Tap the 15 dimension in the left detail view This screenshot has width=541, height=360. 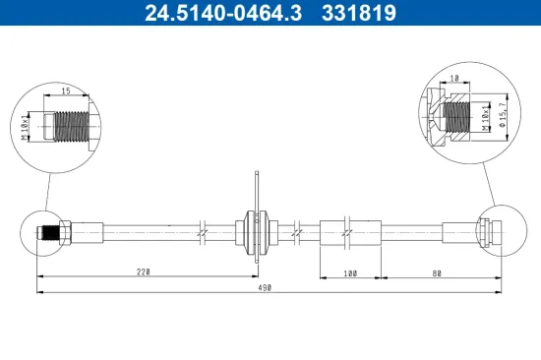(x=65, y=92)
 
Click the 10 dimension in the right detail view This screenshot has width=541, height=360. (x=454, y=78)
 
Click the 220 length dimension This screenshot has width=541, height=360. (x=145, y=270)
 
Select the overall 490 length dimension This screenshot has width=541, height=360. (x=264, y=288)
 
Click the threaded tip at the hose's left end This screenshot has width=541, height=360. (x=43, y=233)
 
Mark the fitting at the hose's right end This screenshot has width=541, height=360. (x=489, y=233)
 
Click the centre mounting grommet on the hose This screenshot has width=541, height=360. (x=256, y=233)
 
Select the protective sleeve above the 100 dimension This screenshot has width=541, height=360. (x=351, y=233)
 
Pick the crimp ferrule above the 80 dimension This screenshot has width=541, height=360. (x=459, y=233)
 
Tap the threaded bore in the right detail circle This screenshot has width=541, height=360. (x=455, y=115)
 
